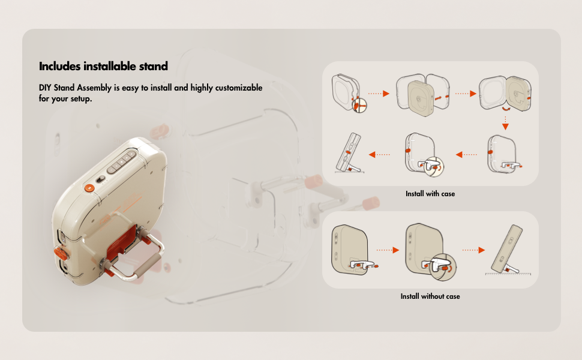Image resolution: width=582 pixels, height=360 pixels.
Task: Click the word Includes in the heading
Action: coord(60,66)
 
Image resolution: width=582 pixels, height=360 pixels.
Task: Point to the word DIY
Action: coord(45,88)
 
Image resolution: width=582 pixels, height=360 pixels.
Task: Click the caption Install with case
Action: coord(430,194)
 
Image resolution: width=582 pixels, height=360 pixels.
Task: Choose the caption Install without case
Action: coord(430,296)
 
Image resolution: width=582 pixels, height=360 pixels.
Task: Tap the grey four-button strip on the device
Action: coord(121,162)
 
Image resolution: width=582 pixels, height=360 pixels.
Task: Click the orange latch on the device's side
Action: coord(62,253)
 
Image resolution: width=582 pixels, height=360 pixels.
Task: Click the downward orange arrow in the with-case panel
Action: coord(505,123)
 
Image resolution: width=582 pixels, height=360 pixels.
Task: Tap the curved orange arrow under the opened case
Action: coord(506,109)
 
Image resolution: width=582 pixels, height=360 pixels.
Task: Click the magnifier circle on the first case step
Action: coord(359,106)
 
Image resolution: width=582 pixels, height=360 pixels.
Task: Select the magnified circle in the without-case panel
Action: coord(442,267)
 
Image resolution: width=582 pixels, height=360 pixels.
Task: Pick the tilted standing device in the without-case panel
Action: coord(506,250)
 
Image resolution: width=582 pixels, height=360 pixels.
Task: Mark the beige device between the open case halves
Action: coord(421,98)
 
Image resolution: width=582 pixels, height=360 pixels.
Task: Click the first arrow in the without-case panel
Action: coord(388,250)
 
